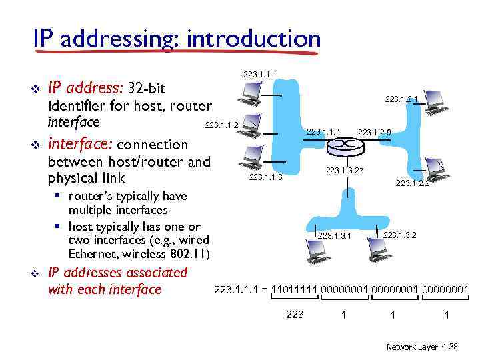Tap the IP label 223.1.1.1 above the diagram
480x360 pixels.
(260, 74)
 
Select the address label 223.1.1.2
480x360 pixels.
(222, 125)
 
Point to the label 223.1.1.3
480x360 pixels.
(265, 177)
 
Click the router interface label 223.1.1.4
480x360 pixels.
(323, 132)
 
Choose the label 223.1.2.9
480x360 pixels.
(374, 132)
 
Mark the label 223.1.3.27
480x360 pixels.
(345, 171)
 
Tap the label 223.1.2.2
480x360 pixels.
(412, 183)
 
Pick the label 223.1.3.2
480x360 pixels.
(399, 235)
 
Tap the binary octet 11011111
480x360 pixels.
(295, 289)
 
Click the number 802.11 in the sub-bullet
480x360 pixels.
(190, 253)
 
